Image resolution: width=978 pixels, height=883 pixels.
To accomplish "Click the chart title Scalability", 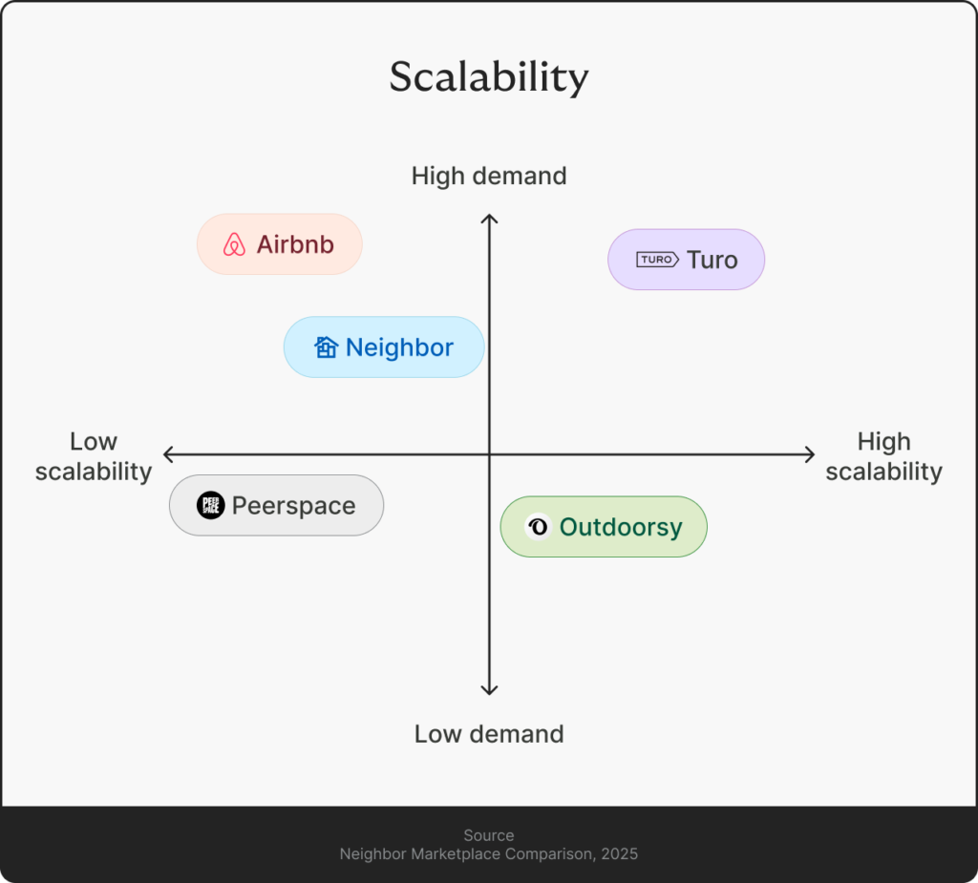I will point(488,77).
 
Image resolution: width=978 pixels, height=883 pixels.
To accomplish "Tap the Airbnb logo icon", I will point(234,245).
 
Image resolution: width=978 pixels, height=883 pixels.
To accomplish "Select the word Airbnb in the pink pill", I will point(295,244).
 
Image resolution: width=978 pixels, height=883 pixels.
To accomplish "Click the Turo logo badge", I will point(657,260).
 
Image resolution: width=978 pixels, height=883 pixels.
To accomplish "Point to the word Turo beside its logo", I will point(712,260).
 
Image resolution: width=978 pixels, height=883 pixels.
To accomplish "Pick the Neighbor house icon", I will point(327,347).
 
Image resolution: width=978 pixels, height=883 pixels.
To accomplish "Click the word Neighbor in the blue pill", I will point(399,347).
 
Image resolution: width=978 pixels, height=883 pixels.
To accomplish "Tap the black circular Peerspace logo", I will point(210,506).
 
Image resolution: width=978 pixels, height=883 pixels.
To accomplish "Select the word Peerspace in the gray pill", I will point(293,506).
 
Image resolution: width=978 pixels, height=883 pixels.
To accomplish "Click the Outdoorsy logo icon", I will point(538,527).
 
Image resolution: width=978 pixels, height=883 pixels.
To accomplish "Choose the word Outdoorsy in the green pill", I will point(621,527).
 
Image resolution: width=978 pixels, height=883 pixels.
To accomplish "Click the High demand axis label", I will point(489,177).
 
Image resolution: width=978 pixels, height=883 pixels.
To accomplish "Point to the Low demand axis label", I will point(489,734).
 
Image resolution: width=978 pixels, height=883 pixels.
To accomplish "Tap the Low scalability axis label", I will point(94,456).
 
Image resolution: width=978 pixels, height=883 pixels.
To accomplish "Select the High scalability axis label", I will point(883,456).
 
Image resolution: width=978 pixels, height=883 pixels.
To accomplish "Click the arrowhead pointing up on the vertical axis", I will point(489,220).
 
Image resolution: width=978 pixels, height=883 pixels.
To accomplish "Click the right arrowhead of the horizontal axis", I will point(810,454).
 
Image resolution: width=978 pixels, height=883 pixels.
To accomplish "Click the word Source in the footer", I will point(488,835).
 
